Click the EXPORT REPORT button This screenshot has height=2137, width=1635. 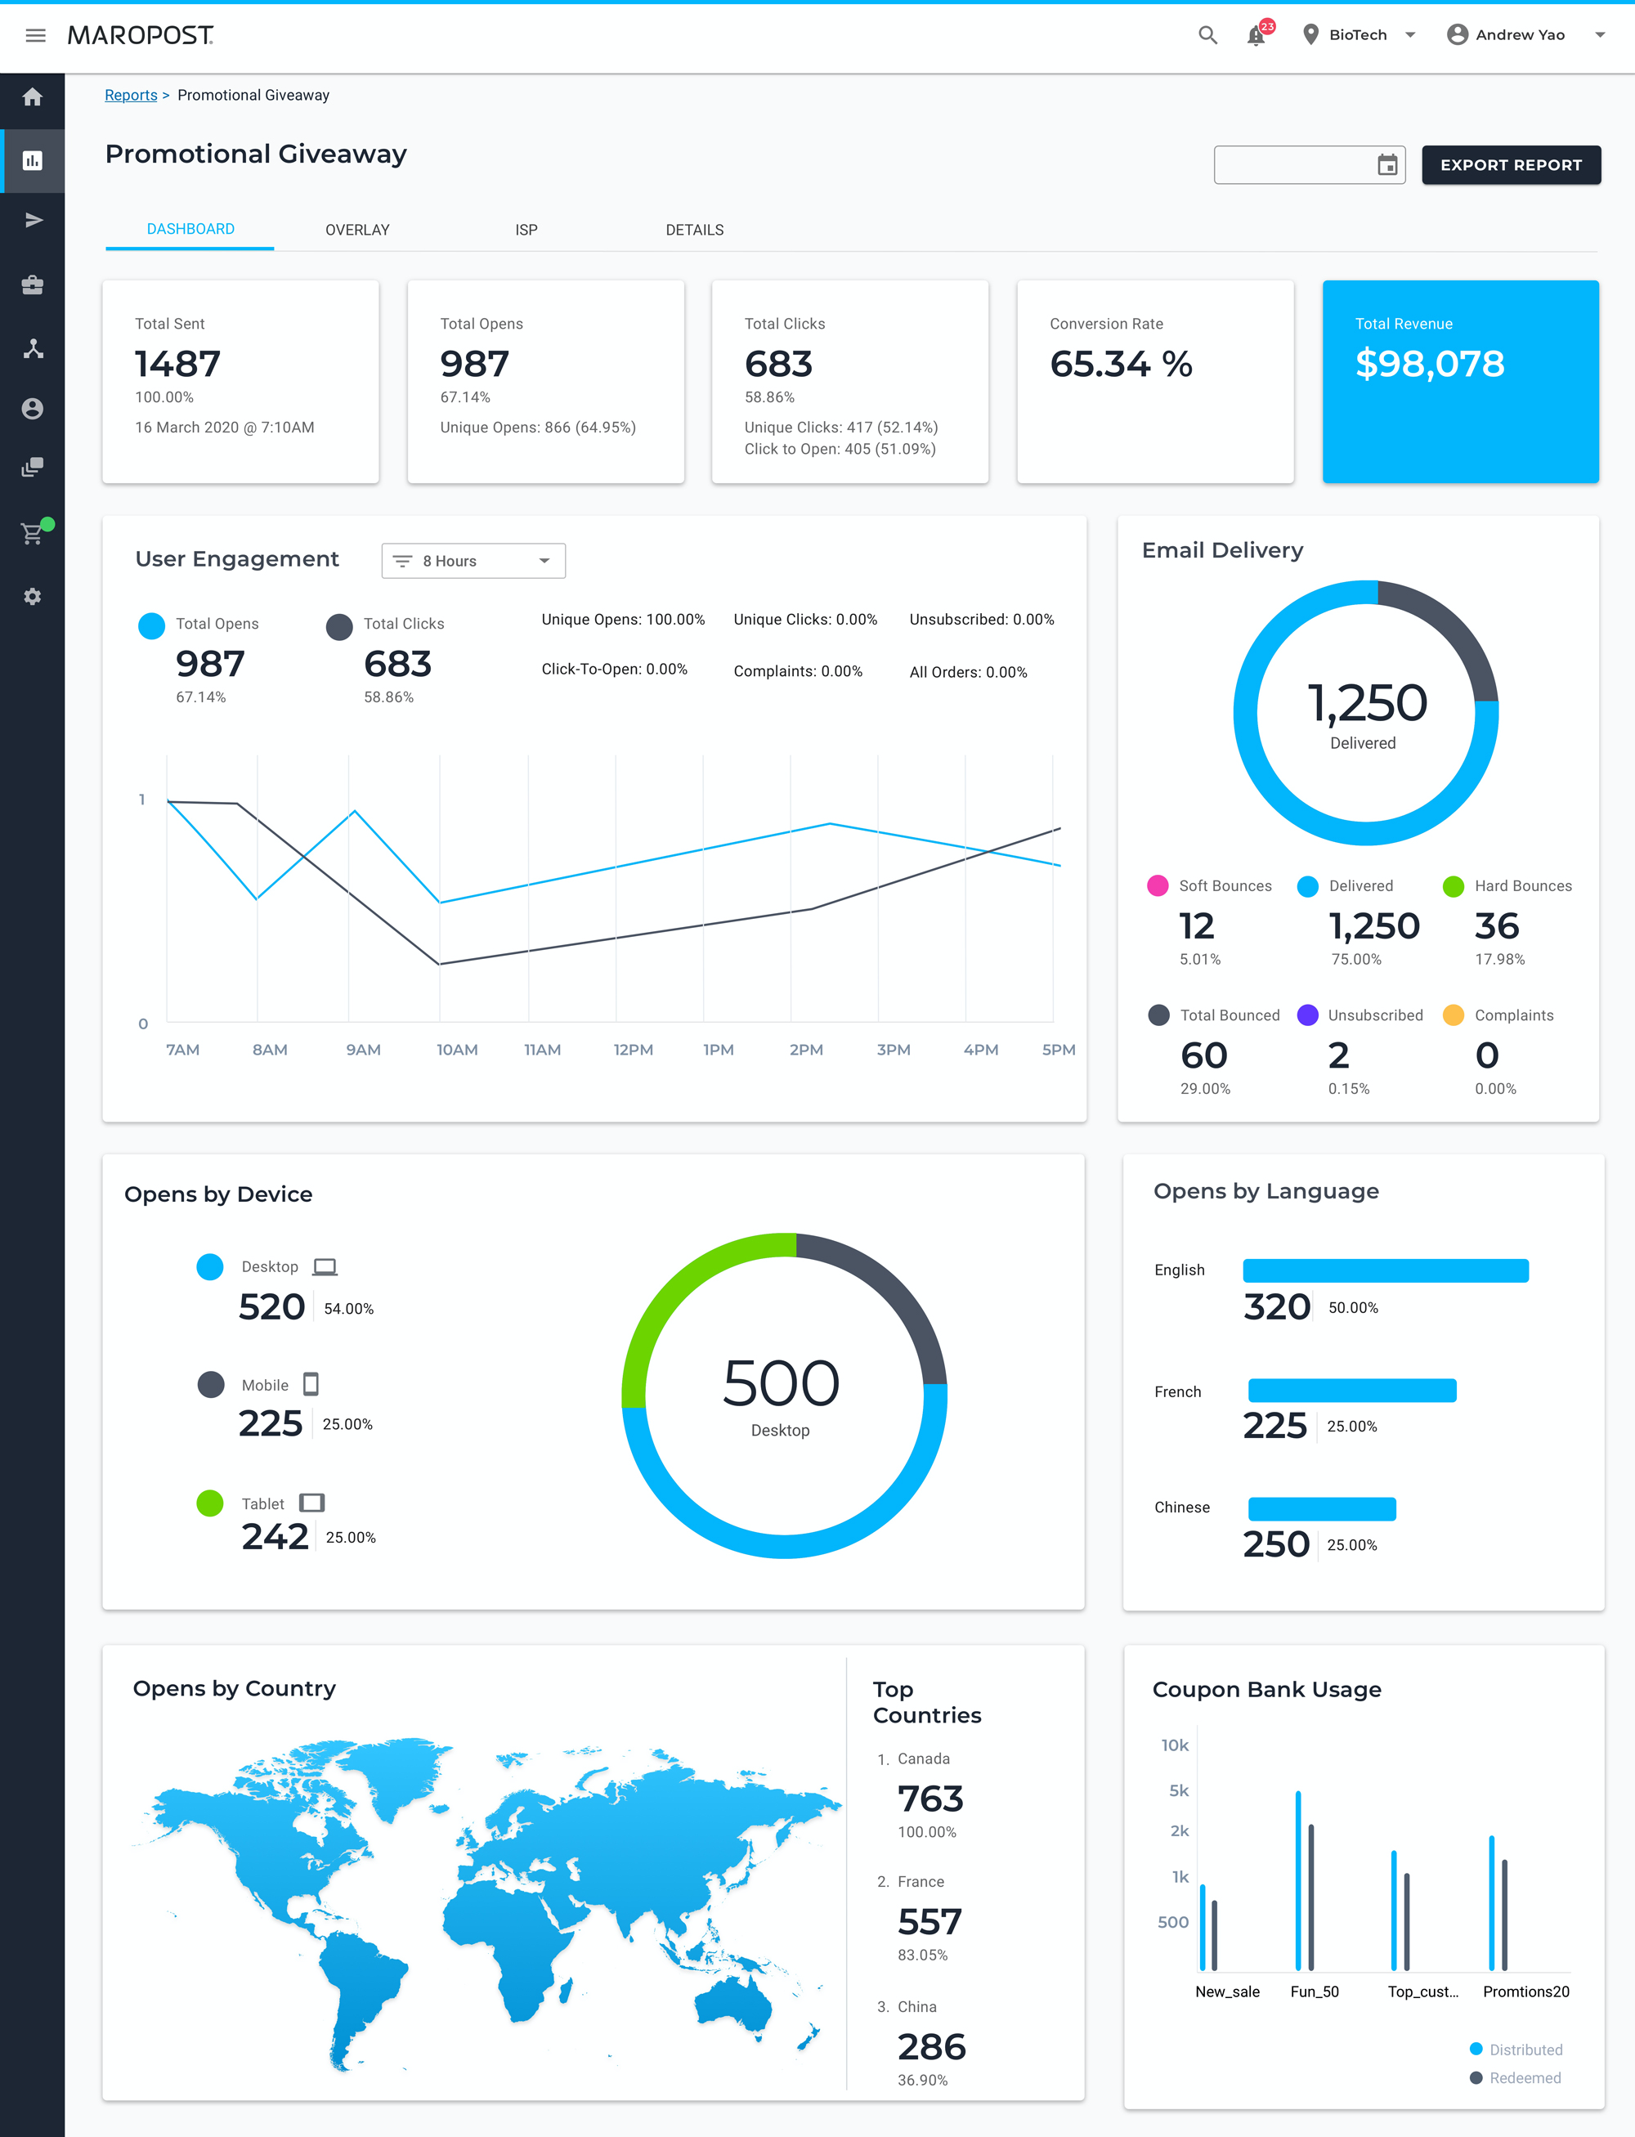pyautogui.click(x=1511, y=165)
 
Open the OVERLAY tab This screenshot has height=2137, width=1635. pyautogui.click(x=357, y=230)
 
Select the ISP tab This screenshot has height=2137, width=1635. pyautogui.click(x=526, y=230)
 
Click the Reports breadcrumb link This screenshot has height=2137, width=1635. pyautogui.click(x=131, y=96)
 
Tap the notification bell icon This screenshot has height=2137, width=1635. pyautogui.click(x=1256, y=36)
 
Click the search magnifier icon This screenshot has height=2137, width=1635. pyautogui.click(x=1207, y=36)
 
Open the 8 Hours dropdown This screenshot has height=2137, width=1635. pyautogui.click(x=473, y=562)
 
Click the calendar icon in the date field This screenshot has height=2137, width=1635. pyautogui.click(x=1386, y=165)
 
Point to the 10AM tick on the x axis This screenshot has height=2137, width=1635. pyautogui.click(x=456, y=1050)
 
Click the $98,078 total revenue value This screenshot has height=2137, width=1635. pyautogui.click(x=1429, y=364)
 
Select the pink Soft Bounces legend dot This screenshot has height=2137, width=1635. pyautogui.click(x=1157, y=885)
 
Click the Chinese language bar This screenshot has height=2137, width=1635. pyautogui.click(x=1322, y=1509)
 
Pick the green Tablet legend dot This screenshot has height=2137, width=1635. pyautogui.click(x=210, y=1503)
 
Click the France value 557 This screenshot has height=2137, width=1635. pyautogui.click(x=929, y=1922)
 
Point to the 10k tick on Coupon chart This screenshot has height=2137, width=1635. pyautogui.click(x=1175, y=1745)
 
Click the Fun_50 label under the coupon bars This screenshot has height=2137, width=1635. pyautogui.click(x=1314, y=1992)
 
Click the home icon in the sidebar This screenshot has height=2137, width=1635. pyautogui.click(x=32, y=97)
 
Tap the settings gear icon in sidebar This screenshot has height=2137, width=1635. pyautogui.click(x=32, y=597)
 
